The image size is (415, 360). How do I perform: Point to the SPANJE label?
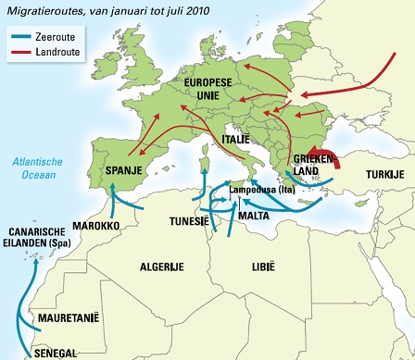123,172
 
